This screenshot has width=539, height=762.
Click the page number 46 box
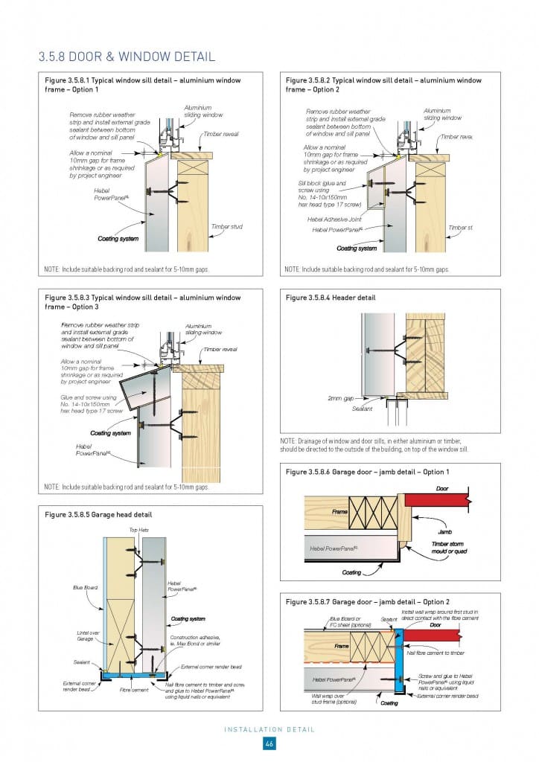[269, 745]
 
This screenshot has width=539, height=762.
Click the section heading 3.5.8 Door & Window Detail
[127, 57]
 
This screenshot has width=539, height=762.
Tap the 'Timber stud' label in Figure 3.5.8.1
[226, 227]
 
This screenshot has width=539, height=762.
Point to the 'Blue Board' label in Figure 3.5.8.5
[83, 588]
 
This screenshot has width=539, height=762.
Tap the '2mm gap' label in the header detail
[340, 398]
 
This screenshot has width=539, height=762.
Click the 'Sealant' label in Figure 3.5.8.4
[362, 409]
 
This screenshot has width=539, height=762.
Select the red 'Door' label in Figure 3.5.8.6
[441, 489]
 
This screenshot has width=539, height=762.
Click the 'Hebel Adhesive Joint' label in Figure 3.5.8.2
[334, 219]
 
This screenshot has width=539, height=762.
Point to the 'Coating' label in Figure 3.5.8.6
[351, 573]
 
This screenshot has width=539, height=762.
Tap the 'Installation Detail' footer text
[269, 729]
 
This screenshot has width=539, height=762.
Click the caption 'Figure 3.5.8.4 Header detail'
[331, 298]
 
